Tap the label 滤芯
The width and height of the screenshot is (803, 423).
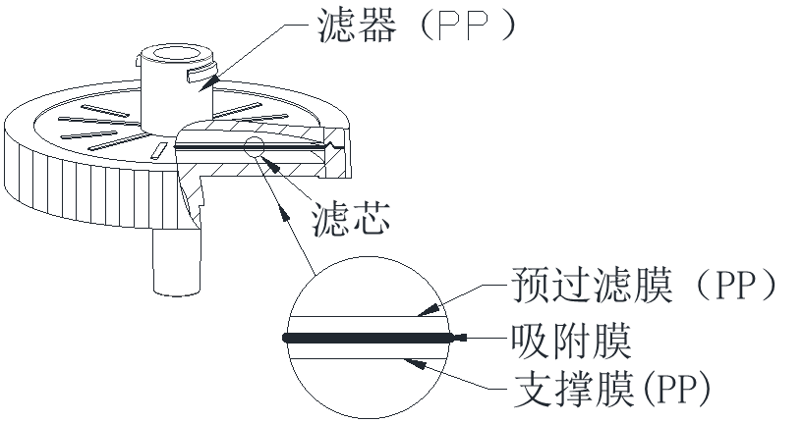pos(350,219)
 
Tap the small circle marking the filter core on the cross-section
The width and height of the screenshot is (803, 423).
pos(255,148)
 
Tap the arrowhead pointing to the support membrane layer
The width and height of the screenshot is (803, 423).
pos(418,362)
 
